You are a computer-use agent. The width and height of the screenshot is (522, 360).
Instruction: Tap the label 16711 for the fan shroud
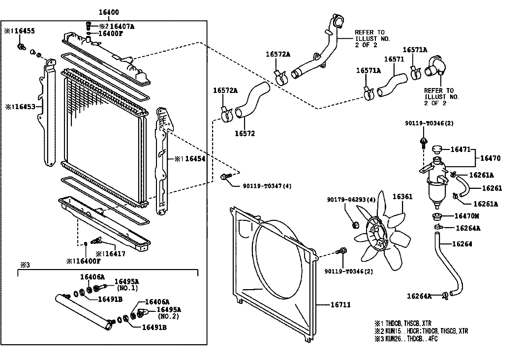click(x=340, y=305)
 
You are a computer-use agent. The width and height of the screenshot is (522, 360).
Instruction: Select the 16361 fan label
click(x=402, y=197)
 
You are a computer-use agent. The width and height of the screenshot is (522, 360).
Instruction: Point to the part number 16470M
click(x=467, y=216)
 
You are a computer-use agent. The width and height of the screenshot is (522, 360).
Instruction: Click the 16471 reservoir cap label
click(x=461, y=148)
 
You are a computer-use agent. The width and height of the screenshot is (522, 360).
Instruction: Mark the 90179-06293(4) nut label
click(x=351, y=200)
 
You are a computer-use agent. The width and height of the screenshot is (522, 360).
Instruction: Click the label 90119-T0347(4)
click(x=267, y=186)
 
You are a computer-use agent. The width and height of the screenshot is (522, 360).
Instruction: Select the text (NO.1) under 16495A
click(x=127, y=288)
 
